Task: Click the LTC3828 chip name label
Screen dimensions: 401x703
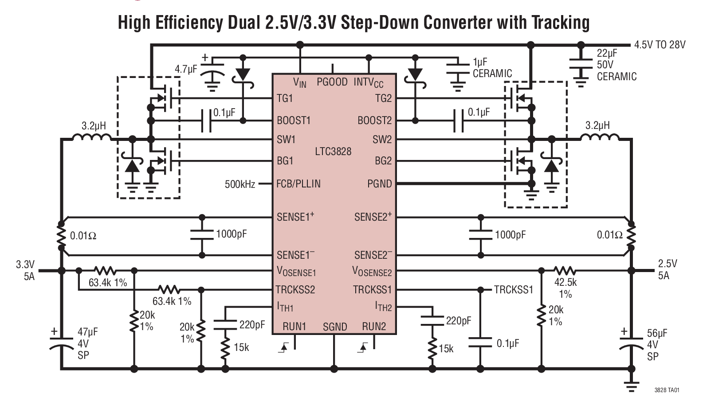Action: click(x=333, y=152)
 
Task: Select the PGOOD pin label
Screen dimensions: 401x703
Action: click(x=332, y=82)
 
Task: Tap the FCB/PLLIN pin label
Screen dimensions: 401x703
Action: click(x=298, y=183)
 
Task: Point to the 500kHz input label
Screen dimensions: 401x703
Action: click(x=240, y=184)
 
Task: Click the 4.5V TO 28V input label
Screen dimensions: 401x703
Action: click(x=660, y=45)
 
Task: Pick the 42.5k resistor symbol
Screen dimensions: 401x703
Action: click(x=565, y=270)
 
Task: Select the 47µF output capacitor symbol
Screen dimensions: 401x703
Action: click(x=61, y=343)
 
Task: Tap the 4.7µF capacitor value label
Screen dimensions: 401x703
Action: click(x=185, y=69)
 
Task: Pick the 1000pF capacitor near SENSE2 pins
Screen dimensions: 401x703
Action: click(x=480, y=235)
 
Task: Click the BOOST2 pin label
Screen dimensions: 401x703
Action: click(x=374, y=121)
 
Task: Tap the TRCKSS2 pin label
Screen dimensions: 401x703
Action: click(x=295, y=290)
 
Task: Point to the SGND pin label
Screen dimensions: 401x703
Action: click(x=334, y=327)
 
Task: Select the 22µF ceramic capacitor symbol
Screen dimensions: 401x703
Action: click(x=581, y=65)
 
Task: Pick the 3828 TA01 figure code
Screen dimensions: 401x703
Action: click(x=667, y=390)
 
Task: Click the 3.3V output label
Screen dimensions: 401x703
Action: click(x=25, y=265)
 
